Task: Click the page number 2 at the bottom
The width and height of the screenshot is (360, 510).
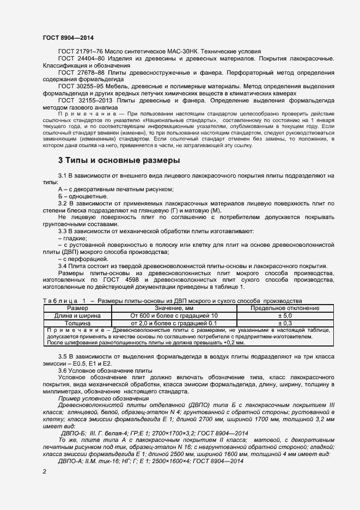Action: pyautogui.click(x=44, y=471)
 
